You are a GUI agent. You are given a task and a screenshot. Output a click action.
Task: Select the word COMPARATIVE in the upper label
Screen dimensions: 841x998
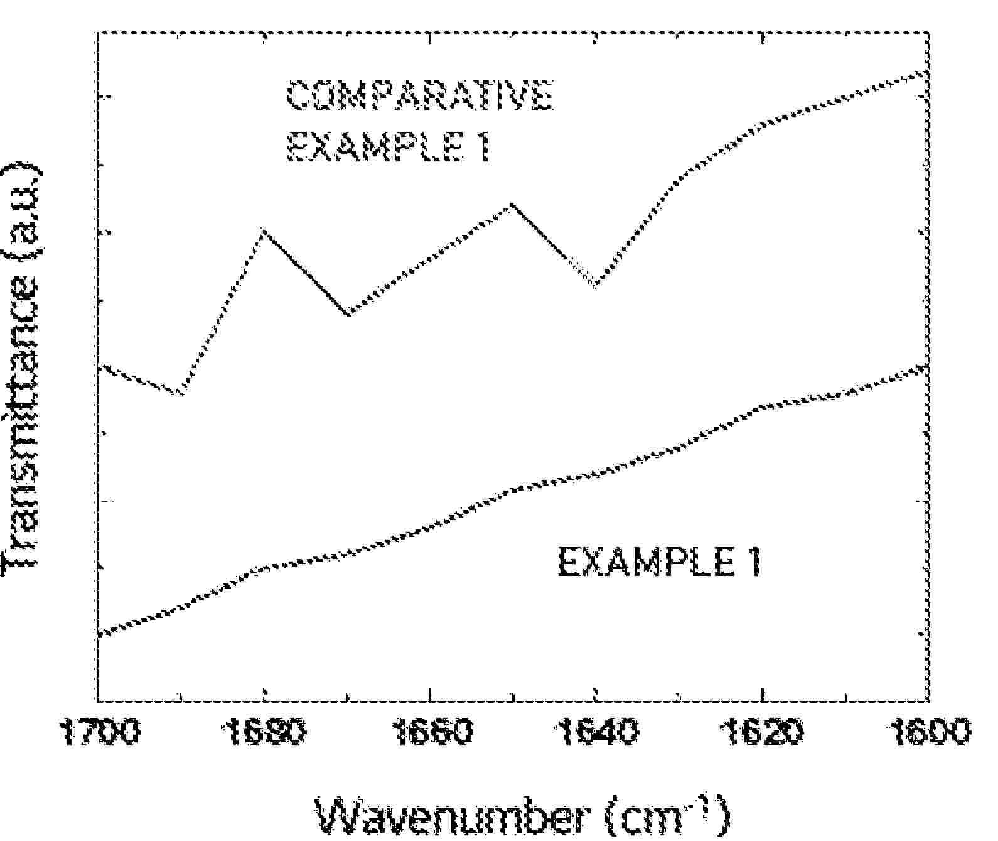coord(419,96)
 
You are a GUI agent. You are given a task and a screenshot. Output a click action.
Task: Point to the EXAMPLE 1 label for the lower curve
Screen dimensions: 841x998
coord(659,562)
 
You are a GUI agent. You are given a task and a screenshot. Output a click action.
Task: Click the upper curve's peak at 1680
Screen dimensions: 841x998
coord(264,231)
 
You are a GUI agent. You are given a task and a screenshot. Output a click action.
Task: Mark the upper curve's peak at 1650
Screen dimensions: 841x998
coord(513,203)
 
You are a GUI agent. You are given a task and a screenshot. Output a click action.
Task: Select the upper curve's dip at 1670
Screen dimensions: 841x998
coord(348,313)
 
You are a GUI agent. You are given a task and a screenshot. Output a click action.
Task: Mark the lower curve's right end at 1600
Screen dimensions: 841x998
coord(926,366)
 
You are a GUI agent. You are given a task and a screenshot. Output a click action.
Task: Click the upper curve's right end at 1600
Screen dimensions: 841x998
coord(926,72)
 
